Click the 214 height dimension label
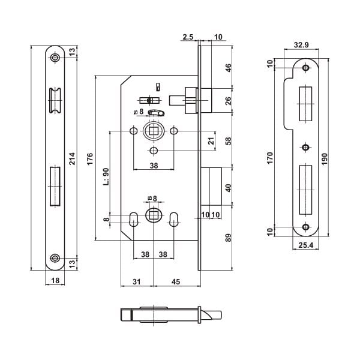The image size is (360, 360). pos(73,158)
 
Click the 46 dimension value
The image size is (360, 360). pos(227,67)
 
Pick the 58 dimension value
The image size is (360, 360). pos(227,142)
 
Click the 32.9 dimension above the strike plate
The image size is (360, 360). pos(301,44)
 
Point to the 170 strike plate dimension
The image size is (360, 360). pos(271,158)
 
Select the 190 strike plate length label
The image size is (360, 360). pos(325,158)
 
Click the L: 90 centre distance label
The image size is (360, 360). pos(106,177)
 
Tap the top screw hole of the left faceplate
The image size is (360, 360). pos(55,58)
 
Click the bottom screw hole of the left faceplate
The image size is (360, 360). pos(55,259)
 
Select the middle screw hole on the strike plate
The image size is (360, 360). pos(306,146)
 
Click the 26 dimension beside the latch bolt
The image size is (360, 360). pos(227,100)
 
